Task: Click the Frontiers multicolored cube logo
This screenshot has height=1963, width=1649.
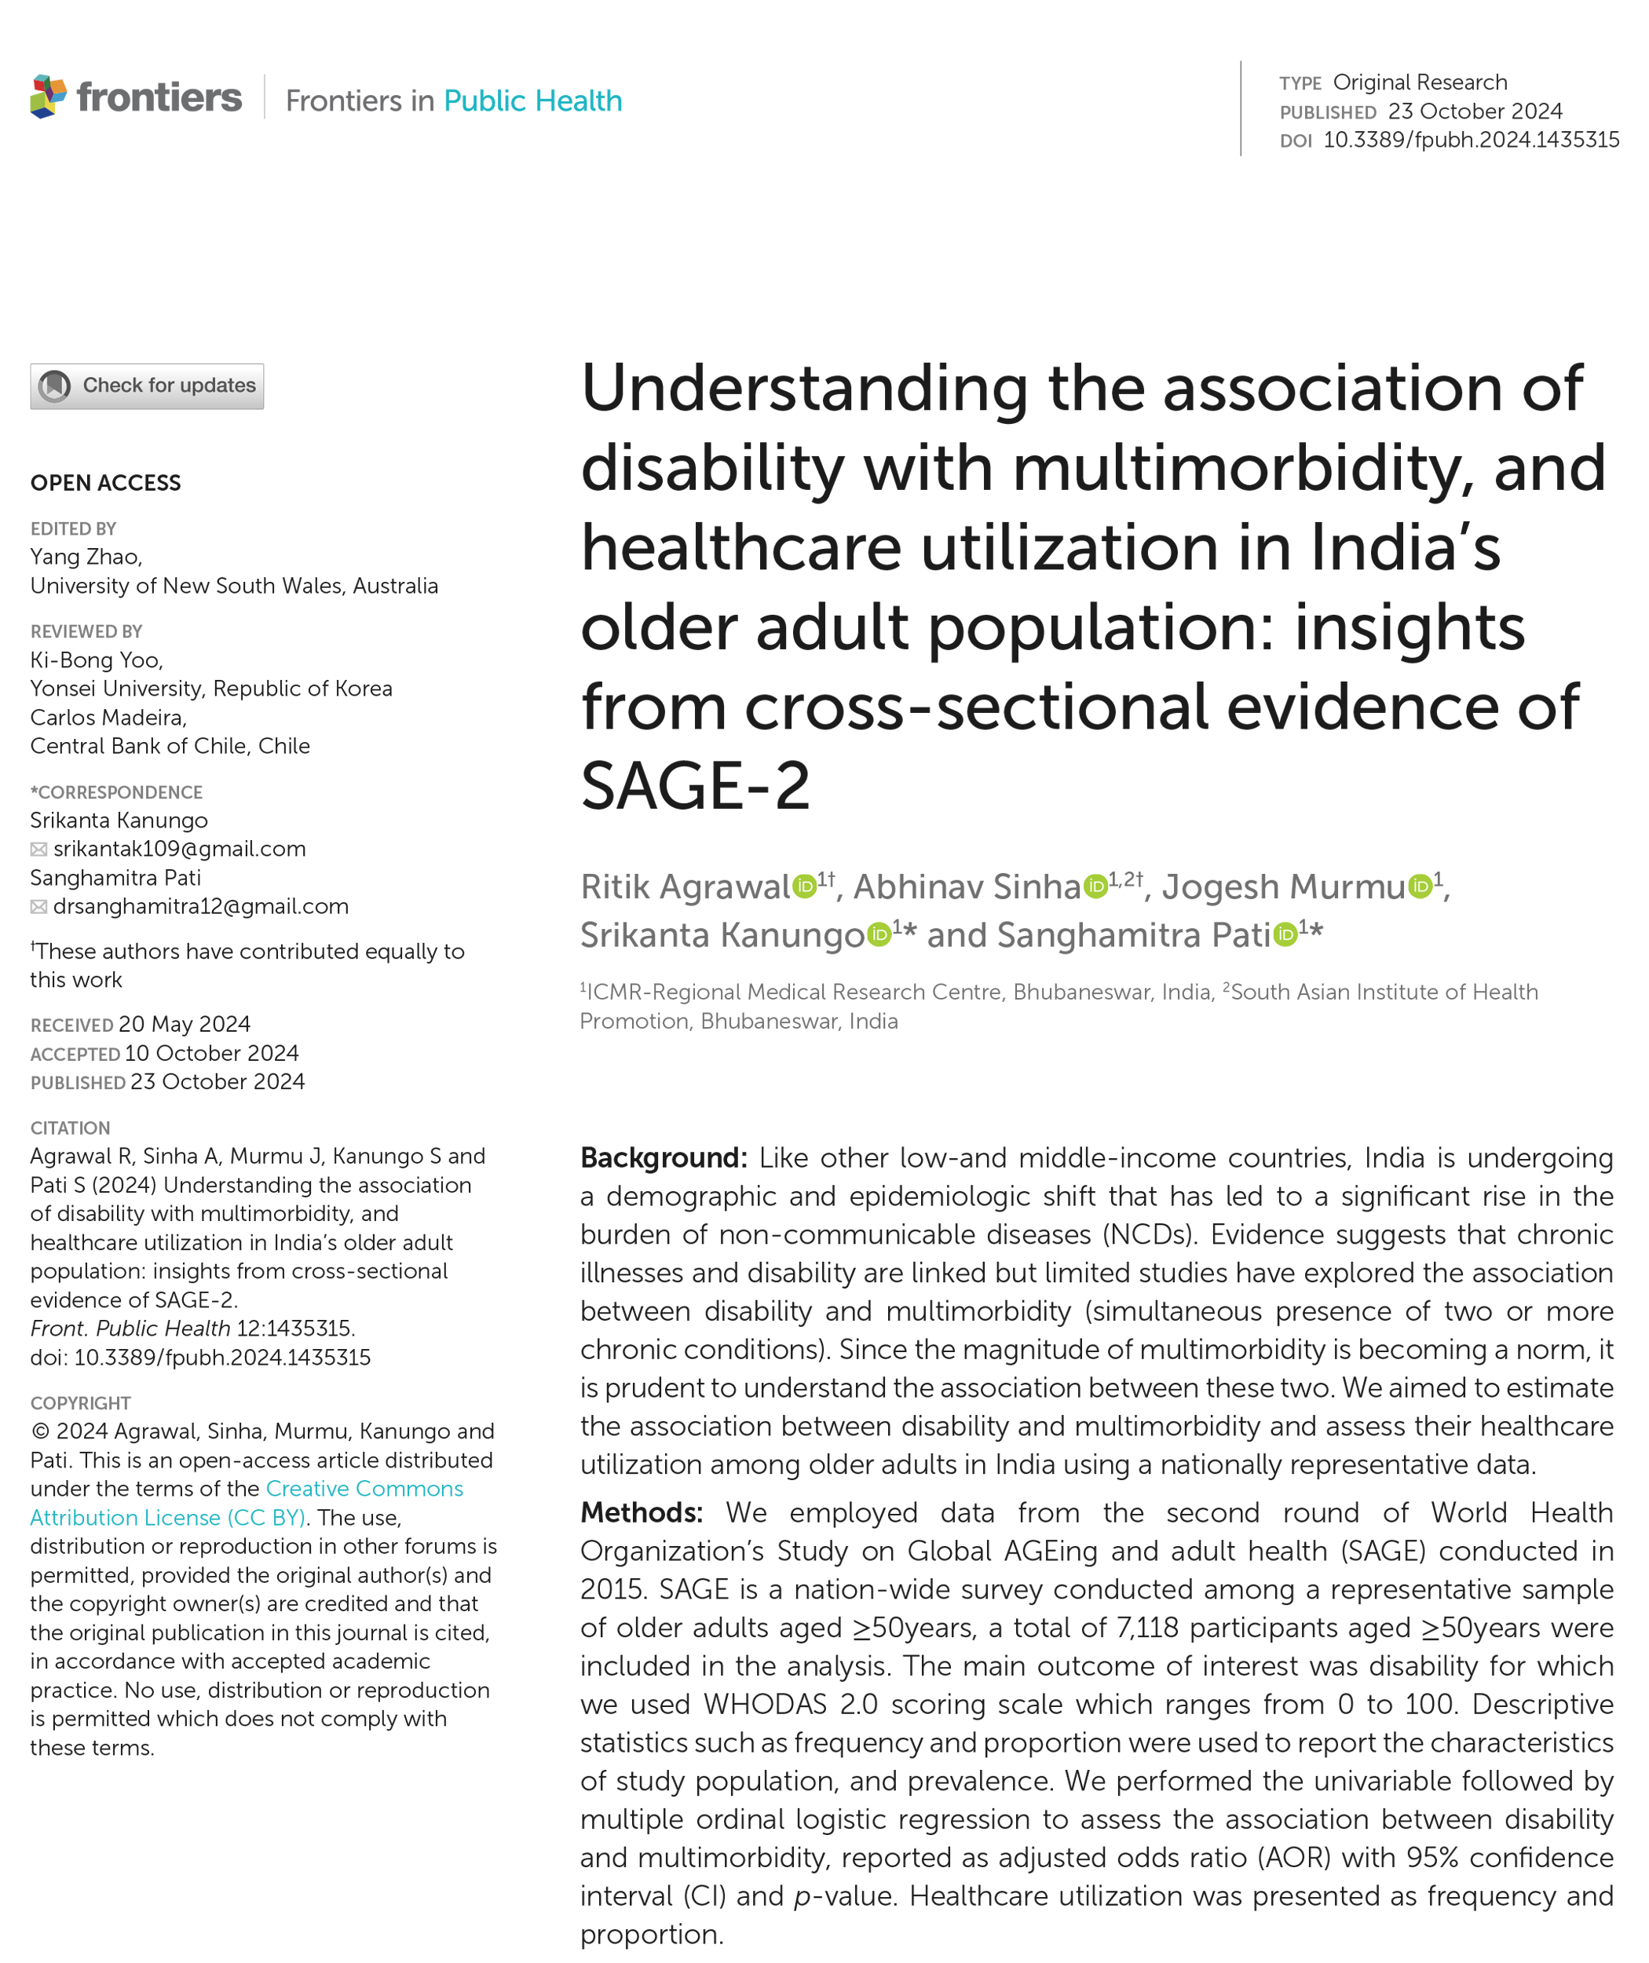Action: pyautogui.click(x=49, y=97)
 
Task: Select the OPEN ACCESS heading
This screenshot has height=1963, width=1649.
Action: pyautogui.click(x=106, y=483)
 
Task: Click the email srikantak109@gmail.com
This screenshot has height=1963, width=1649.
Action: pyautogui.click(x=180, y=849)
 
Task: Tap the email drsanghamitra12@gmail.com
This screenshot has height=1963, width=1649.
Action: pyautogui.click(x=201, y=906)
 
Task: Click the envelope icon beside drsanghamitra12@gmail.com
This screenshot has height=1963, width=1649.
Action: pyautogui.click(x=39, y=907)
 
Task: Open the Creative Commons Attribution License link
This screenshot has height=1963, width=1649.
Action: pyautogui.click(x=247, y=1503)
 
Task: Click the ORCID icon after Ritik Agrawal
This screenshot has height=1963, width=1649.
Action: pyautogui.click(x=804, y=886)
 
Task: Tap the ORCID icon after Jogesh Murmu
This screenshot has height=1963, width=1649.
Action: pyautogui.click(x=1420, y=886)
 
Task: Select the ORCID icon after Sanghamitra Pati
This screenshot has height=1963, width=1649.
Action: pyautogui.click(x=1285, y=934)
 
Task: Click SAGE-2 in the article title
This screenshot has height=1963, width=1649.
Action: pyautogui.click(x=695, y=786)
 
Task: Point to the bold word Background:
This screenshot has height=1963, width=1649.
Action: pyautogui.click(x=664, y=1158)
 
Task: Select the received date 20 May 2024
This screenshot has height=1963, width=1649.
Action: pyautogui.click(x=185, y=1025)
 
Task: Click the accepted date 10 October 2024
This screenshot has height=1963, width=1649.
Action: pyautogui.click(x=211, y=1054)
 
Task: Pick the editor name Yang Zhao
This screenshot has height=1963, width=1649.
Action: pyautogui.click(x=85, y=557)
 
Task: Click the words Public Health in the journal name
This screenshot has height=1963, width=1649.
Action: pyautogui.click(x=533, y=101)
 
